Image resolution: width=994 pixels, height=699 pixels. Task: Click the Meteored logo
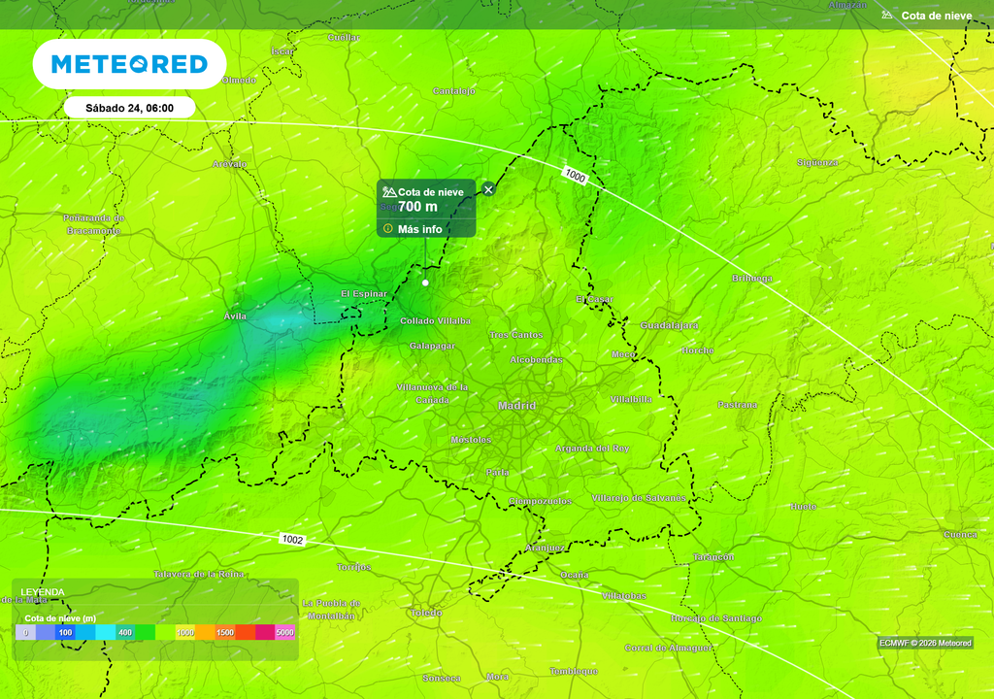click(x=129, y=64)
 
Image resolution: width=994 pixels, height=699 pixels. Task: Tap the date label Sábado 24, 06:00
click(x=129, y=108)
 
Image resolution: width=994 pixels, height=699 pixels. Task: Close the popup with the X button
click(x=488, y=189)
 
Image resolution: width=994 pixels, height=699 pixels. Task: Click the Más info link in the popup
click(x=419, y=229)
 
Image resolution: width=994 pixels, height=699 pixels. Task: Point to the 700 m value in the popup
click(x=417, y=207)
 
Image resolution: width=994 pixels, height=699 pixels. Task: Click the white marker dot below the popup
click(x=425, y=283)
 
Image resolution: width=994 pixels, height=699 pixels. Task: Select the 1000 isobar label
click(x=575, y=176)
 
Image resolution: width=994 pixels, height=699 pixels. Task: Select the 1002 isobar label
click(x=292, y=539)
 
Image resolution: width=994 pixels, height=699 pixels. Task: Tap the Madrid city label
click(x=516, y=406)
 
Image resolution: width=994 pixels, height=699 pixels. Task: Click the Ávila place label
click(x=236, y=316)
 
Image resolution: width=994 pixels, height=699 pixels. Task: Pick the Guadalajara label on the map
click(x=670, y=325)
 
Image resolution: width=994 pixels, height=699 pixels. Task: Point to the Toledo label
click(x=426, y=613)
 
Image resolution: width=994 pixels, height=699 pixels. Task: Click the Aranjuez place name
click(x=545, y=548)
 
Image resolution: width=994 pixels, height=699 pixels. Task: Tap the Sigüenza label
click(x=817, y=162)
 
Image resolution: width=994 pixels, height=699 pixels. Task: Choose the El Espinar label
click(x=364, y=293)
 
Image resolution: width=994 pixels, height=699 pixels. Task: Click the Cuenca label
click(x=960, y=534)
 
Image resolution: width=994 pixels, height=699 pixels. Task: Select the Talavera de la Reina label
click(x=199, y=574)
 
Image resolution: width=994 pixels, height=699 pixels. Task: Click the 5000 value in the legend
click(x=284, y=633)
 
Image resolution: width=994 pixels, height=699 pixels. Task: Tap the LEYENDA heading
click(x=43, y=592)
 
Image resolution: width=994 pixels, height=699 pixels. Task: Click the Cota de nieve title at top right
click(x=936, y=16)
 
